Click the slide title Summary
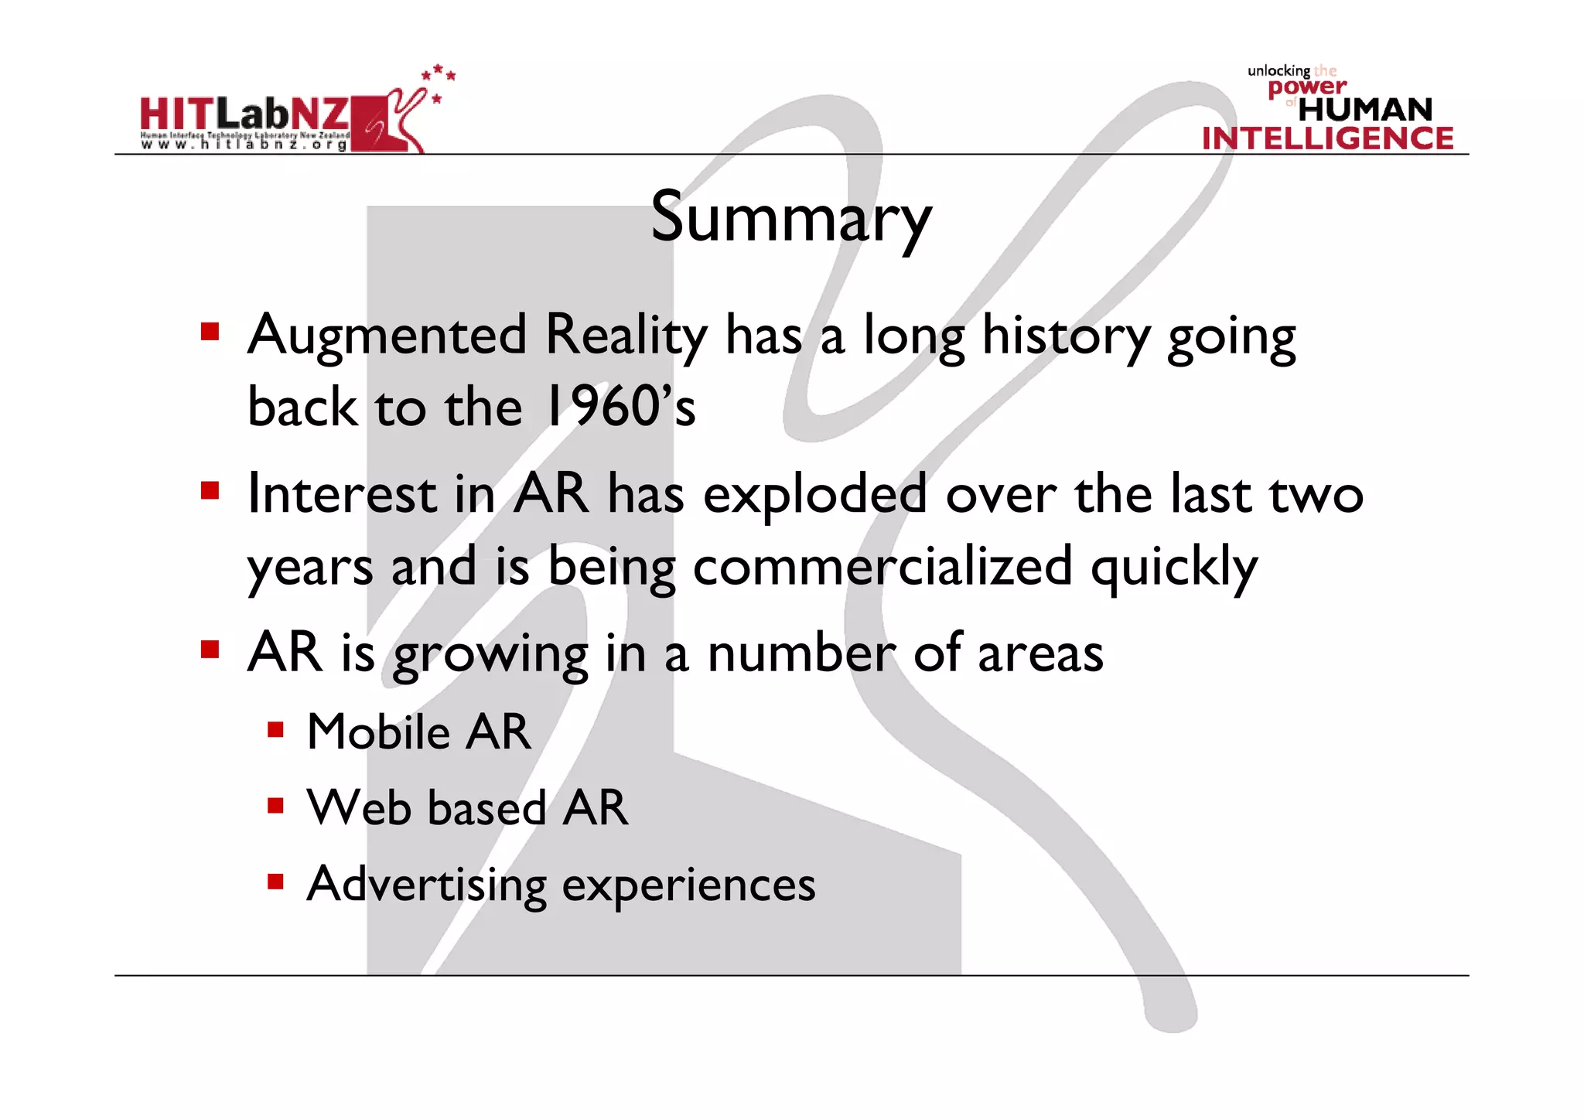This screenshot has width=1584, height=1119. tap(790, 217)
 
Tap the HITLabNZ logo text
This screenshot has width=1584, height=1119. tap(244, 114)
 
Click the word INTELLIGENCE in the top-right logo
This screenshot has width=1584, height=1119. tap(1327, 138)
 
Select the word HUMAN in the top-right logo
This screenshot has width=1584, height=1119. tap(1365, 110)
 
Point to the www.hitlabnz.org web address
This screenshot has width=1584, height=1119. tap(244, 145)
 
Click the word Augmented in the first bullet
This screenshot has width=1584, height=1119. tap(387, 336)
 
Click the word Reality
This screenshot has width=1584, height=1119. tap(626, 336)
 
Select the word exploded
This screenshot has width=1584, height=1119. tap(814, 495)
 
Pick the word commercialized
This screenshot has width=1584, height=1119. tap(882, 566)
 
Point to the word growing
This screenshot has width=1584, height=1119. tap(490, 654)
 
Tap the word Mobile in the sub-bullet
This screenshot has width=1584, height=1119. tap(378, 732)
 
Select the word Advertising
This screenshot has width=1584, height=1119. tap(426, 885)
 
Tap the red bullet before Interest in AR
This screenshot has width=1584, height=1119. tap(210, 491)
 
